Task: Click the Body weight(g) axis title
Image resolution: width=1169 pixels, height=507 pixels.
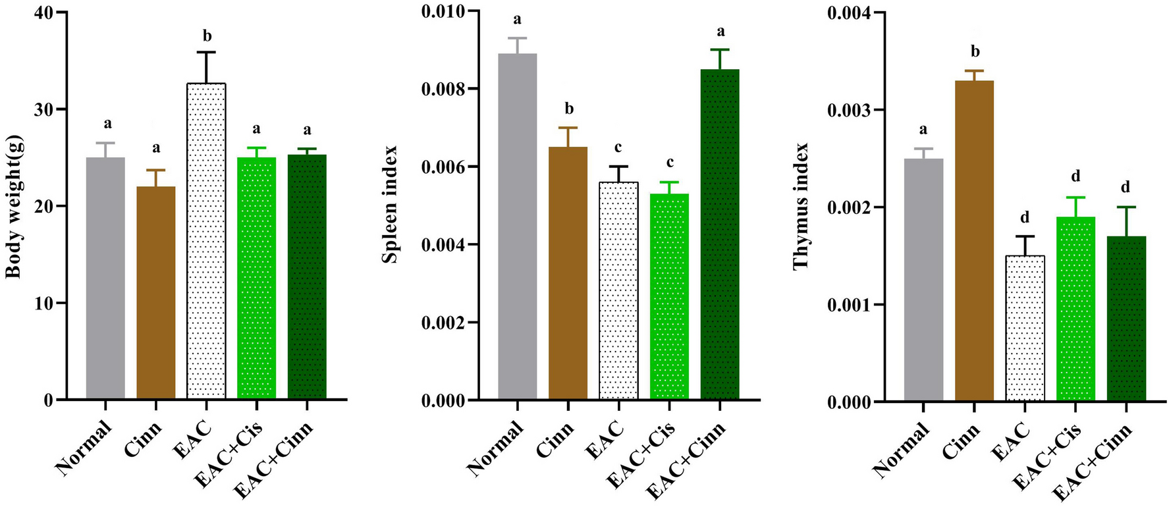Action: [14, 206]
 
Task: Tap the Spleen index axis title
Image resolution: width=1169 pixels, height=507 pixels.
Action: [390, 205]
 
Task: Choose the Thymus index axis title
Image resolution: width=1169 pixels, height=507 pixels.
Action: [800, 206]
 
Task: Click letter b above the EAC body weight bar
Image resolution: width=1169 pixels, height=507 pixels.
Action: [207, 36]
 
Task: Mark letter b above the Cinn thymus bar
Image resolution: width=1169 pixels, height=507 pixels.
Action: [975, 52]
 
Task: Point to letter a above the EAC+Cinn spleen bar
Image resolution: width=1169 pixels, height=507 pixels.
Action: [720, 31]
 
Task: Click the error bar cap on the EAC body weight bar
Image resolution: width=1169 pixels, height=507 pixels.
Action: [206, 52]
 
